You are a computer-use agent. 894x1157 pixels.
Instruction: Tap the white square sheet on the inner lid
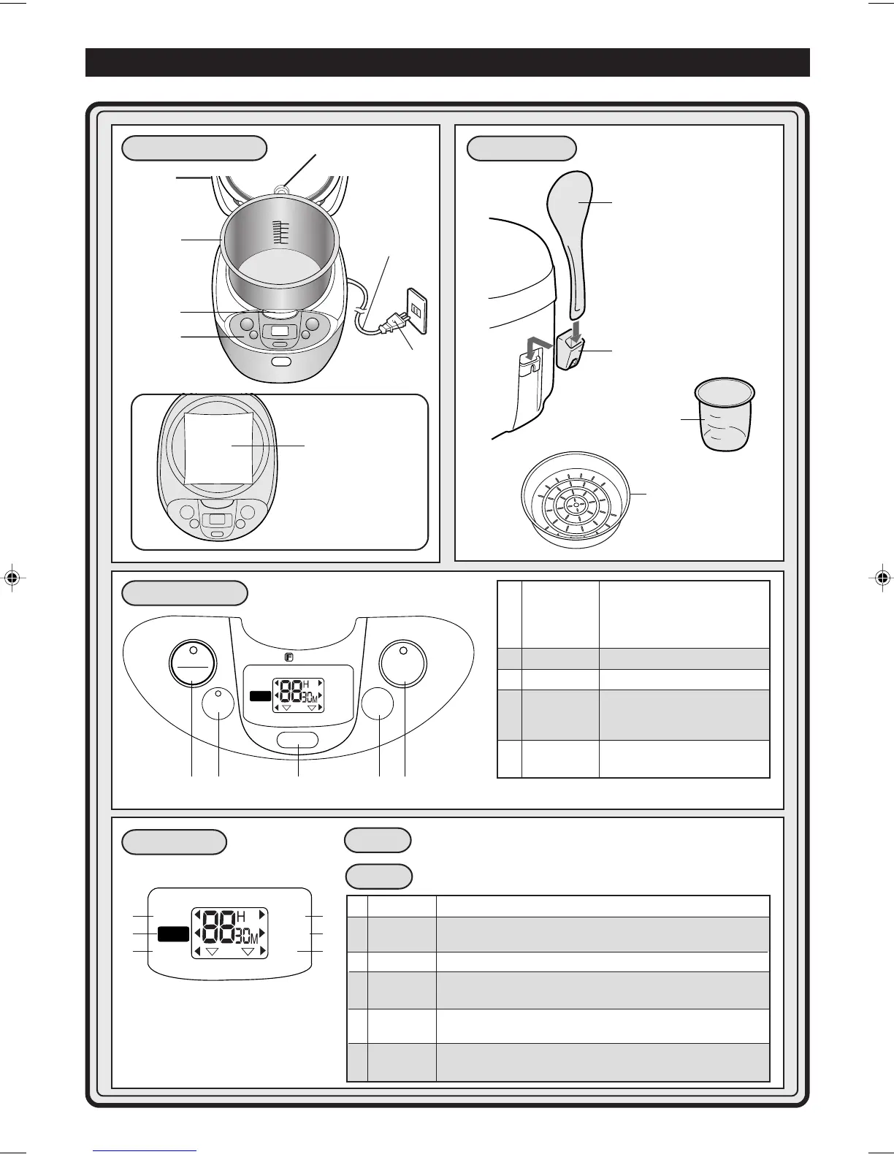tap(218, 446)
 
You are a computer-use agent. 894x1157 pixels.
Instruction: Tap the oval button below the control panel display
tap(298, 740)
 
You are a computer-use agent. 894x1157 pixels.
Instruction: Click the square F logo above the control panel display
tap(289, 657)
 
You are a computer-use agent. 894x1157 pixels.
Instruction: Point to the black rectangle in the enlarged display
tap(172, 934)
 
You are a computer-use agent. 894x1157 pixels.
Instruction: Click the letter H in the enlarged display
tap(242, 917)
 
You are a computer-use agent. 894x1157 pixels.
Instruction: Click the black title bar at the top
tap(447, 62)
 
